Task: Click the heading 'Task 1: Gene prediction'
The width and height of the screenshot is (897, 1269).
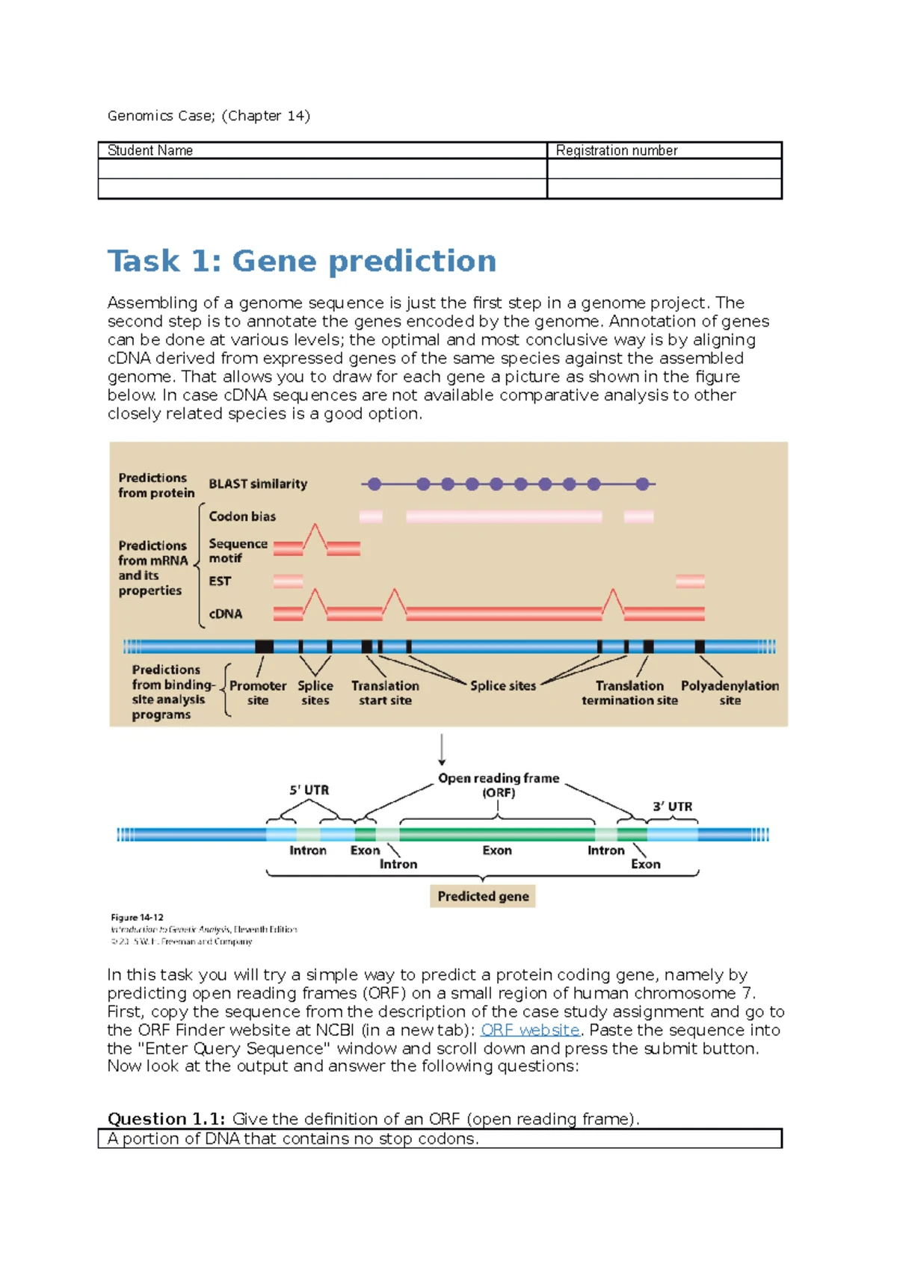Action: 301,262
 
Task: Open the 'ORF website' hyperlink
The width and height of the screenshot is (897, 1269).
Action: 530,1030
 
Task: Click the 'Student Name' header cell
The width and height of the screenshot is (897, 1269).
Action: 150,150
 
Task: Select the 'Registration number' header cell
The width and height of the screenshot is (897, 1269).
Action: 617,150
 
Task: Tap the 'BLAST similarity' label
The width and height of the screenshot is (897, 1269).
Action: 258,484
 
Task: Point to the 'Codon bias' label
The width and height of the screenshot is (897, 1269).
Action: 242,516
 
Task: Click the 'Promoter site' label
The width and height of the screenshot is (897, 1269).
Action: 258,693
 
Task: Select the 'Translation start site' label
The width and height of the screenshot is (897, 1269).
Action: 385,693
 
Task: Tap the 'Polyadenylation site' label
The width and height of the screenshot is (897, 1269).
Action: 730,693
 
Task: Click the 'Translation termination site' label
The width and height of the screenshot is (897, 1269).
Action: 629,693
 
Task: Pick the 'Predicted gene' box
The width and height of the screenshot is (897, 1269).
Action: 483,896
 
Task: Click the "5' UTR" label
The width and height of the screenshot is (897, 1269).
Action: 309,790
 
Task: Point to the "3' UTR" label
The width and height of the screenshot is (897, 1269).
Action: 672,806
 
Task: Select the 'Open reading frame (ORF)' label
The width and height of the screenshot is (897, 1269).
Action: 499,785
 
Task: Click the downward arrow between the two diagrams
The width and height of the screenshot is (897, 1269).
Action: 442,750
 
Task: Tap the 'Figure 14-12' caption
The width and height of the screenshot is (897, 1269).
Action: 137,917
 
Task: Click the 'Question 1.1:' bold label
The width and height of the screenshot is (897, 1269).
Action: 166,1119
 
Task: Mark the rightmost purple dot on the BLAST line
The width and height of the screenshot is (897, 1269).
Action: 642,484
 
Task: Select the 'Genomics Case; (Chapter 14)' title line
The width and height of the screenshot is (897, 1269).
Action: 209,116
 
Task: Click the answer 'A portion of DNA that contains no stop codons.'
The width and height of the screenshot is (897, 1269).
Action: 293,1139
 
